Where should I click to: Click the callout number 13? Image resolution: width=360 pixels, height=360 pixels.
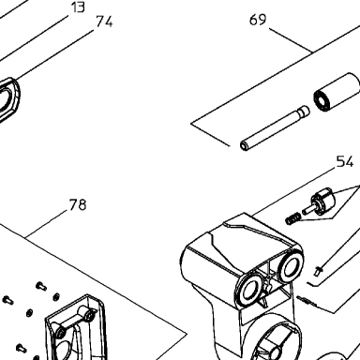point(78,7)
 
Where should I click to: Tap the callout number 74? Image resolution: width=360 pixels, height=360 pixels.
point(104,22)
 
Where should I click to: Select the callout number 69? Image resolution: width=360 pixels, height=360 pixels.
point(258,20)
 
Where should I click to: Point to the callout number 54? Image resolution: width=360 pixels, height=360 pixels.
point(345,161)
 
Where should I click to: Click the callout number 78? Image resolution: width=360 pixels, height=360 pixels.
point(78,204)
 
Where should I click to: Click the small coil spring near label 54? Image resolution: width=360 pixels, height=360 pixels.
point(292,218)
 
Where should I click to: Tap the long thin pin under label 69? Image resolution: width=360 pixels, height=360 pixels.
point(275,128)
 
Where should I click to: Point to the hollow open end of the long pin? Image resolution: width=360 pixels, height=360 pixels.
point(244,146)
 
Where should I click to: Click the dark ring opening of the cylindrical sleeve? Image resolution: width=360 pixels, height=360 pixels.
point(322,102)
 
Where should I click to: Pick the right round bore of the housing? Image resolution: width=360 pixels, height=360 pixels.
point(291,266)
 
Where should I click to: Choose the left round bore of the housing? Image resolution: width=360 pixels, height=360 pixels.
point(248,290)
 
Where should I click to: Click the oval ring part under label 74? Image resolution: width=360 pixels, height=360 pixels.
point(8,99)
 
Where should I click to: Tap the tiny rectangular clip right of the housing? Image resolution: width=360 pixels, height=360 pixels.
point(318,270)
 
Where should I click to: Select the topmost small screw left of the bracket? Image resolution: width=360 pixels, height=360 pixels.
point(41,286)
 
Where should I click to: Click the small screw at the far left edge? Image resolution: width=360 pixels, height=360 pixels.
point(7,300)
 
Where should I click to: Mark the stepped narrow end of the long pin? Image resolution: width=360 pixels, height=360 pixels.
point(304,111)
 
